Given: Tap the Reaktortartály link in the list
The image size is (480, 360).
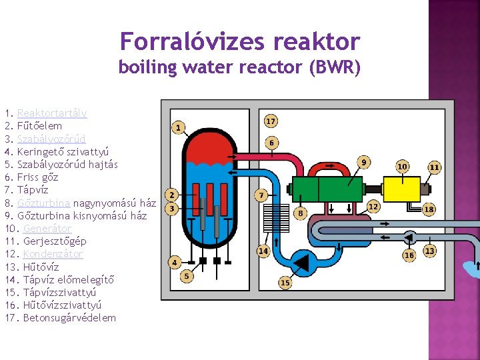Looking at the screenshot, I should pos(52,113).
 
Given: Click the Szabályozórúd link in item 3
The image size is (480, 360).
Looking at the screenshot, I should pos(51,139).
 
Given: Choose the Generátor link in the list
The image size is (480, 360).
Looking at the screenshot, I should pos(47,229).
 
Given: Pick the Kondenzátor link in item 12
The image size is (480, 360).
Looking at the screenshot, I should pos(53,254).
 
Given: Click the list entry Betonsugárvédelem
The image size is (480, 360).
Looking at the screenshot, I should pos(69,318).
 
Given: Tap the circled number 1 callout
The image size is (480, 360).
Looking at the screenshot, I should pos(178,127).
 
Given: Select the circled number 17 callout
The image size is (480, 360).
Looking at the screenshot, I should pos(271,121).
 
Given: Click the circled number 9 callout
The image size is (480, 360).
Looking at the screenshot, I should pos(364,162).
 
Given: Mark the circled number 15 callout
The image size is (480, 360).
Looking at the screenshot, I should pos(285,283).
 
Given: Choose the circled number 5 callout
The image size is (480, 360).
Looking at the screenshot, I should pos(187,275).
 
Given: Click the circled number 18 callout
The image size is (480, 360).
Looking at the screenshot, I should pos(429,209).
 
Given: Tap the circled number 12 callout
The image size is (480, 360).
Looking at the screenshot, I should pos(373,207).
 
